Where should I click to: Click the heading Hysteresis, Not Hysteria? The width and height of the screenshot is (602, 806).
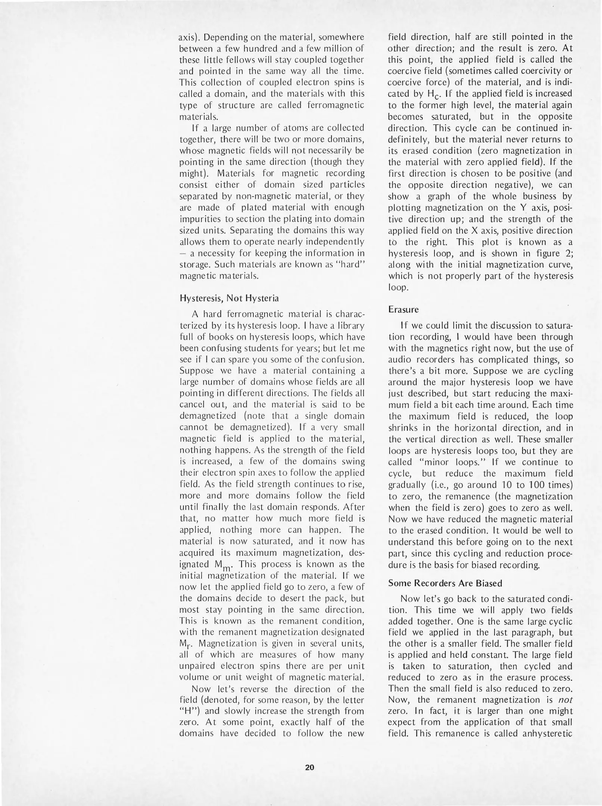pyautogui.click(x=229, y=299)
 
